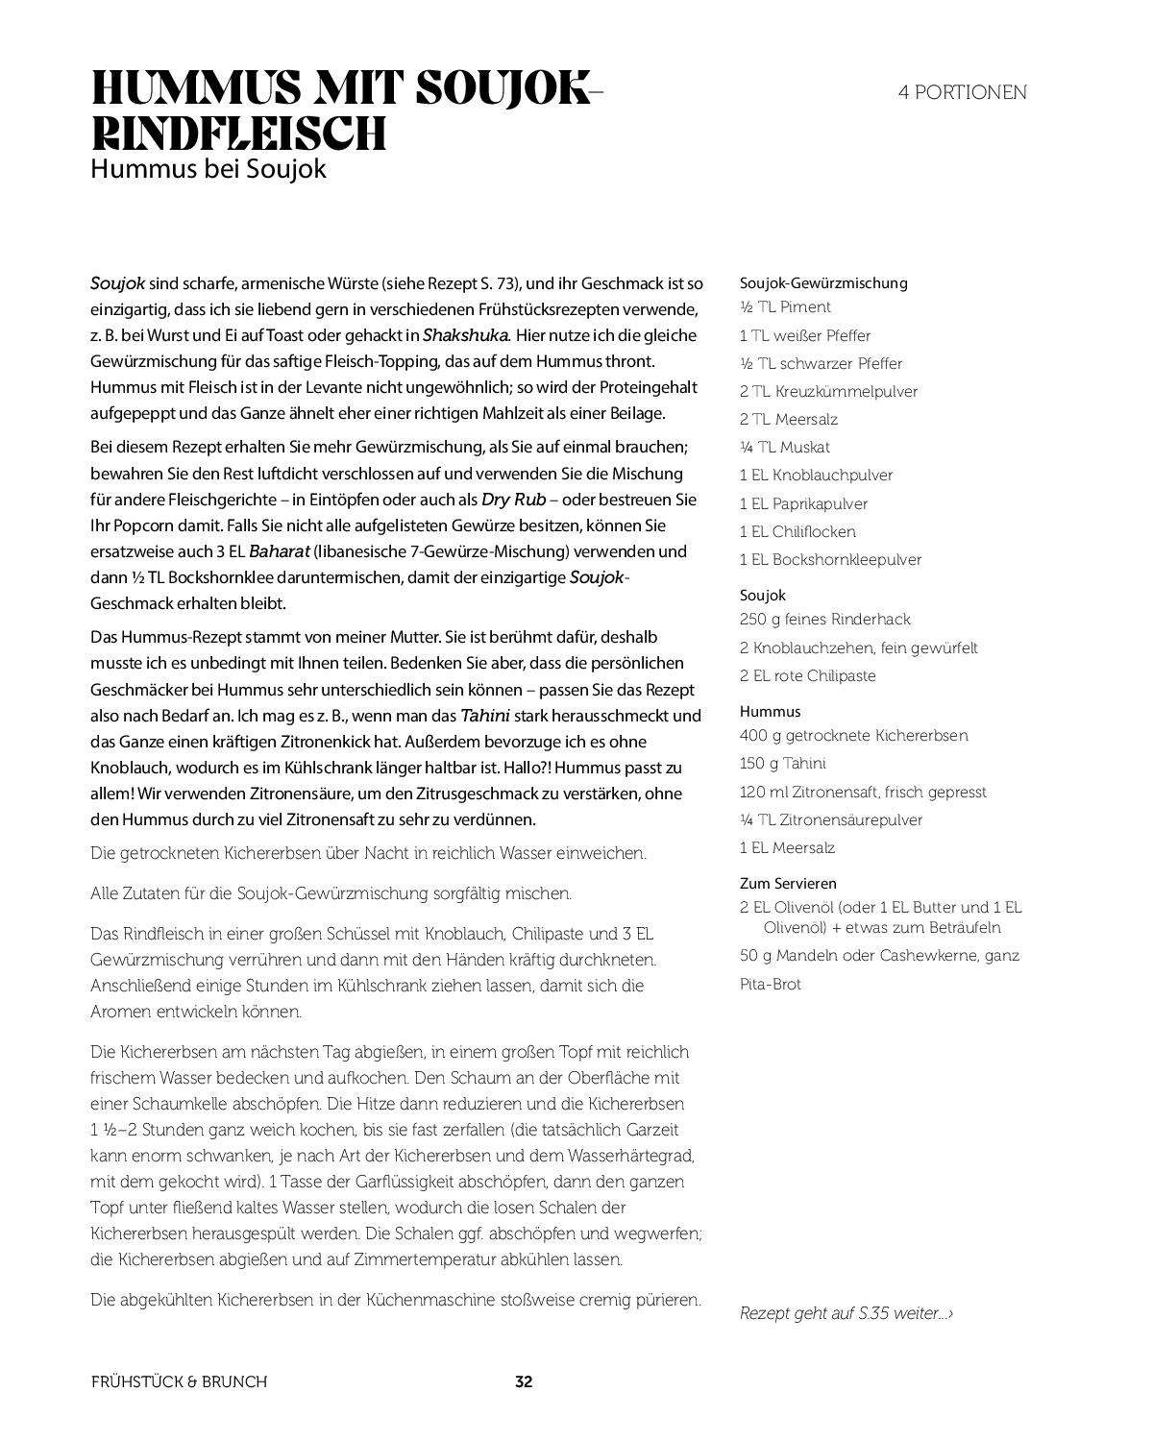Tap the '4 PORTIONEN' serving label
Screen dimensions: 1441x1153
tap(962, 92)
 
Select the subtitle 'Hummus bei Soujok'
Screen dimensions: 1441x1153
tap(209, 169)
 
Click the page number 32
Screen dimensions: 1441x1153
tap(524, 1382)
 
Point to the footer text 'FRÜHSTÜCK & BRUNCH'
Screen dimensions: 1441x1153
tap(179, 1382)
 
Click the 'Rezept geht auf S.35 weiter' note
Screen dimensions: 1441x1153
tap(846, 1313)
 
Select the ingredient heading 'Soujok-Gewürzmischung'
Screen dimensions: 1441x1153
tap(823, 282)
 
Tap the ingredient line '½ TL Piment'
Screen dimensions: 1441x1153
tap(785, 307)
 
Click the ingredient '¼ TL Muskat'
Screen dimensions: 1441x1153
tap(784, 448)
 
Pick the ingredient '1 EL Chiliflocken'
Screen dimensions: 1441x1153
tap(797, 532)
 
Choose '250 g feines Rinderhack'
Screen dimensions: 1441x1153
tap(824, 620)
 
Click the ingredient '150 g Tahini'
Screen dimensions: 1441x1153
tap(782, 764)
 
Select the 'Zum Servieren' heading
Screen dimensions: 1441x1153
tap(788, 883)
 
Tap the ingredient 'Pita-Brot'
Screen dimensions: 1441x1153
tap(770, 985)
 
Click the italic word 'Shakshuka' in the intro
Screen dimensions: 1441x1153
tap(466, 335)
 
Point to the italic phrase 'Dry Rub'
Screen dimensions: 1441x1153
tap(513, 500)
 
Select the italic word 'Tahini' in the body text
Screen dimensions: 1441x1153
tap(485, 716)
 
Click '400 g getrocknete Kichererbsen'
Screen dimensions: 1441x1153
tap(853, 736)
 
